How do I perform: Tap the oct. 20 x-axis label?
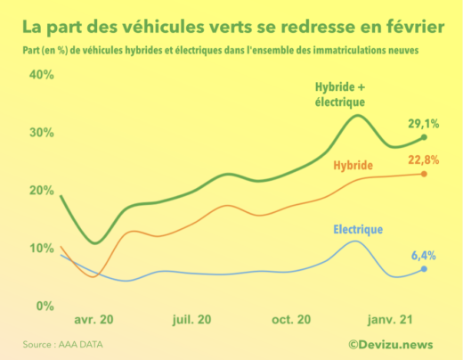point(291,319)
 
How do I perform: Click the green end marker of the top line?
point(424,137)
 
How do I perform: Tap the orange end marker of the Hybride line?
point(424,174)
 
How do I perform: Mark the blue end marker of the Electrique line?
point(424,268)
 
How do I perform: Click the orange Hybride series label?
point(353,167)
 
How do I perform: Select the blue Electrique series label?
point(358,230)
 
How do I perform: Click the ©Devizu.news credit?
point(391,343)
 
